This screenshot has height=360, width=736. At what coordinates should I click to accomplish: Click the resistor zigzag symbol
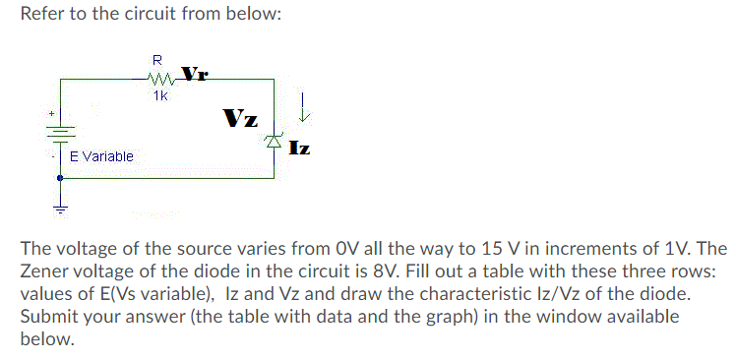click(160, 79)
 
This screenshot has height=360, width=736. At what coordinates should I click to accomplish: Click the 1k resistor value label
click(160, 96)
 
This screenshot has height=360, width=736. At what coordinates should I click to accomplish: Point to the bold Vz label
click(241, 120)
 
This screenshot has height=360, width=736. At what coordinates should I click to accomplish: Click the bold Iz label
click(300, 150)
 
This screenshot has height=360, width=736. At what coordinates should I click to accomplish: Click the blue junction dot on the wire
click(61, 178)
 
